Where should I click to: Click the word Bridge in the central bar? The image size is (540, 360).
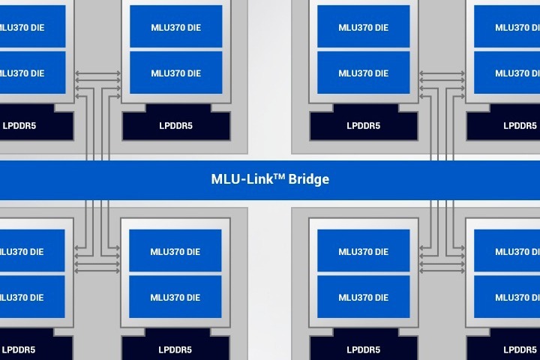pos(309,180)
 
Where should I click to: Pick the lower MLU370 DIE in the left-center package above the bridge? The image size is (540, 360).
pos(176,73)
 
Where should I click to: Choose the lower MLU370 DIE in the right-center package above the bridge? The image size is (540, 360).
pos(364,73)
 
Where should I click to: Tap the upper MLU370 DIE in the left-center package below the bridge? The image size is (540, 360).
pos(176,250)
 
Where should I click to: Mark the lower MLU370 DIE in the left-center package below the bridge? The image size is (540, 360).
pos(176,297)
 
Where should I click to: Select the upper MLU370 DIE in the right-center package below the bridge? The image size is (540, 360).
pos(364,250)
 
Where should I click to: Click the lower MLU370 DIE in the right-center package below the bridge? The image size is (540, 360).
pos(364,297)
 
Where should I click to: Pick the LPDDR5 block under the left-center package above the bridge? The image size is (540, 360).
pos(176,125)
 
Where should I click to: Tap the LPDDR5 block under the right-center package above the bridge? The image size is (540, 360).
pos(364,125)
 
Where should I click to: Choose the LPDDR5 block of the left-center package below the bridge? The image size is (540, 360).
pos(176,349)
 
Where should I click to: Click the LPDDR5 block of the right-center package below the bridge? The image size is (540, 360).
pos(364,349)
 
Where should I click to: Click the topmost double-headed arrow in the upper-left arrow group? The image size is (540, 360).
pos(97,73)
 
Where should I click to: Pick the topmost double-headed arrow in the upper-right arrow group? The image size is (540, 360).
pos(442,73)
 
